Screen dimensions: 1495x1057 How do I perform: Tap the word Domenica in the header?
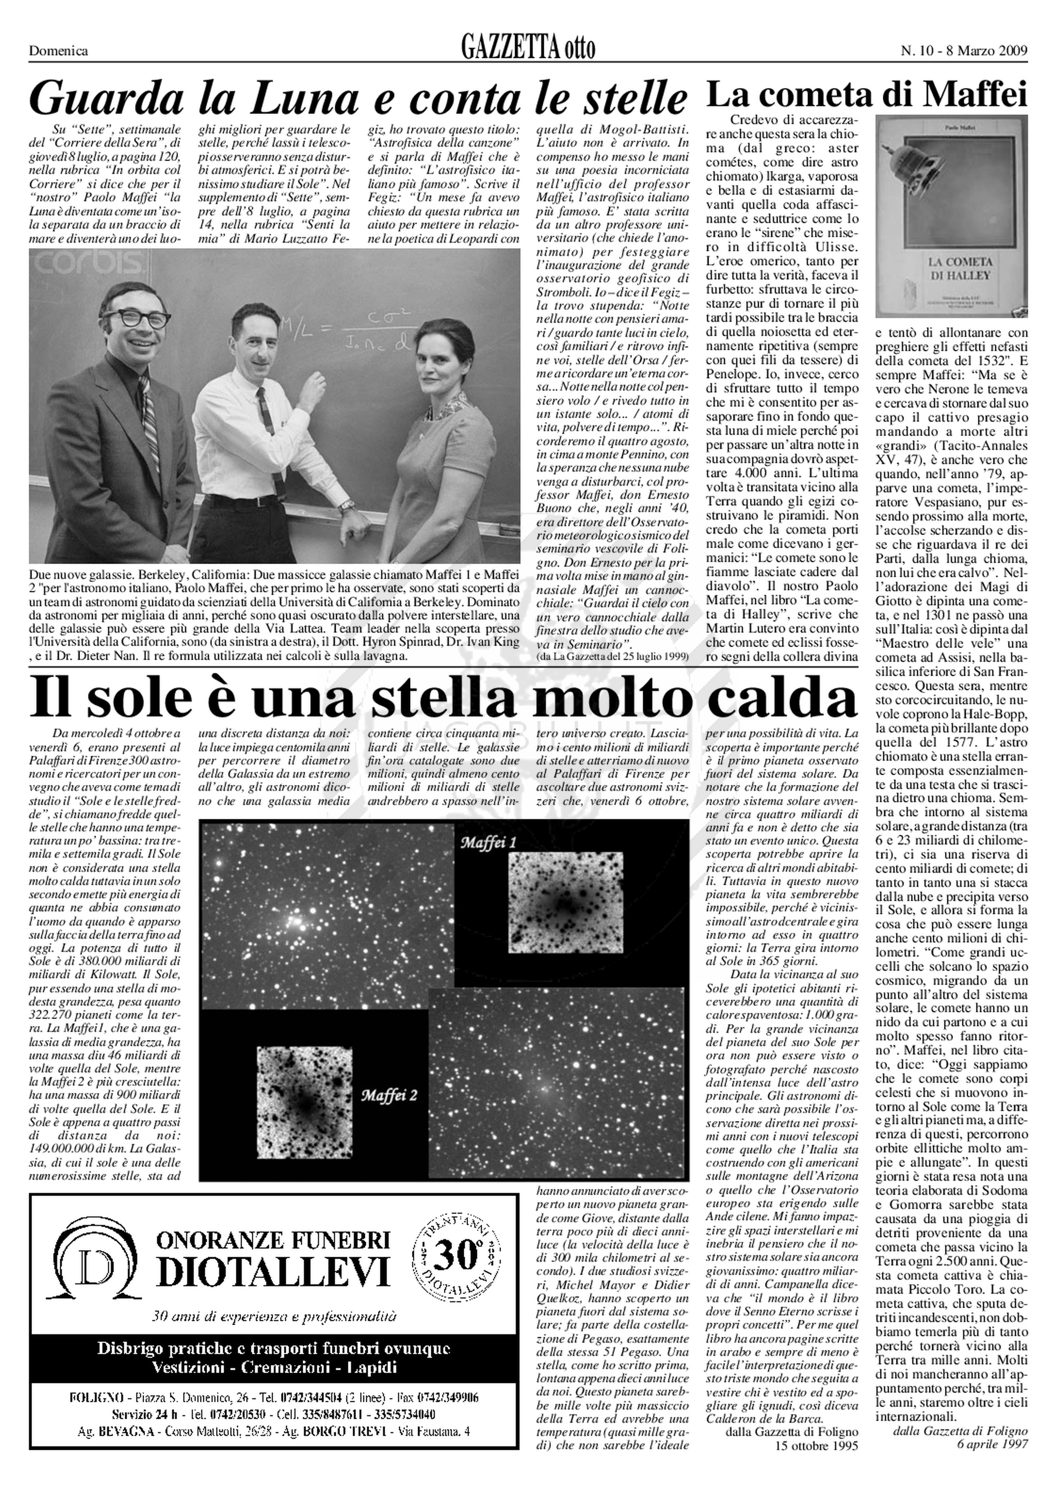(59, 51)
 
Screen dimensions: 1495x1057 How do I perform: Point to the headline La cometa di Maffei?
(866, 94)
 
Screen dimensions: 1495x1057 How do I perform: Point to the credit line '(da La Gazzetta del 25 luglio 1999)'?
(613, 656)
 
